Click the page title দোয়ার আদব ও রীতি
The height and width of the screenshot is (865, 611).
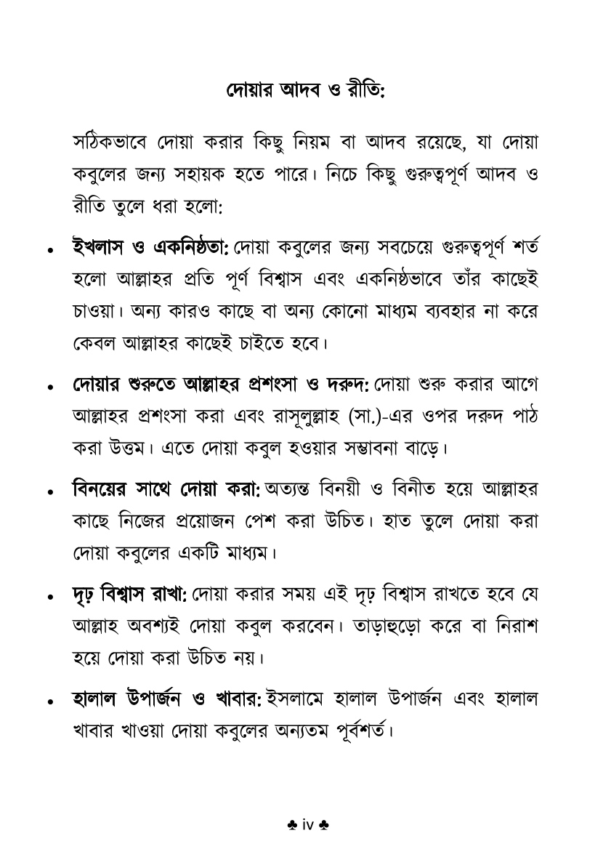pyautogui.click(x=305, y=92)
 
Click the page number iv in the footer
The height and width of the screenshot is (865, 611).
pyautogui.click(x=306, y=826)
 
